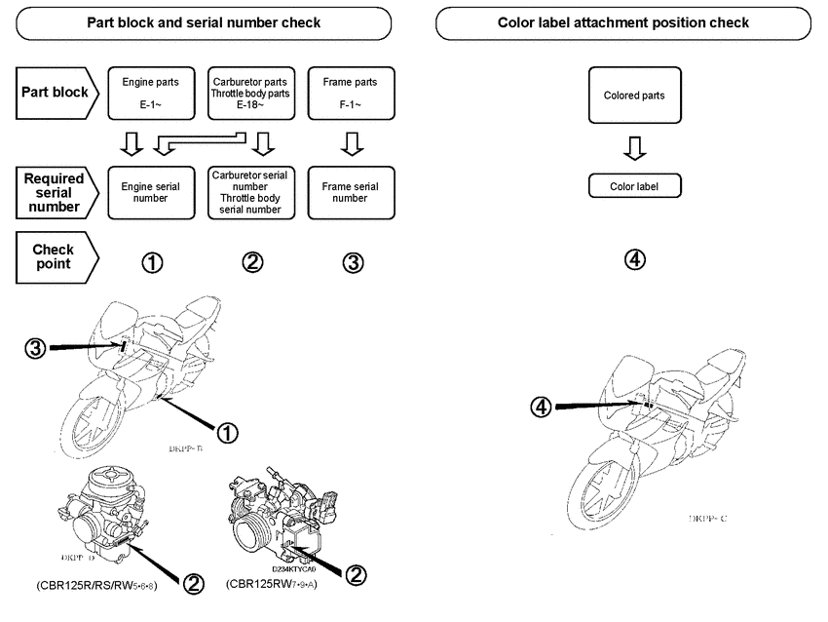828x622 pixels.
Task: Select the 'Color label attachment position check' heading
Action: coord(623,22)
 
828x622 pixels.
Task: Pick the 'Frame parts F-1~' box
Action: coord(350,94)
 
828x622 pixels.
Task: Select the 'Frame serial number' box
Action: coord(350,191)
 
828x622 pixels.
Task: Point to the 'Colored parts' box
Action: coord(634,96)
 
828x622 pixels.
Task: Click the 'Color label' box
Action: coord(634,185)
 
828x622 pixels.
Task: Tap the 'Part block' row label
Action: coord(55,93)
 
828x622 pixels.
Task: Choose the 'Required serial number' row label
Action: coord(55,192)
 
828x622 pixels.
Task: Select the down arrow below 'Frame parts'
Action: coord(350,144)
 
